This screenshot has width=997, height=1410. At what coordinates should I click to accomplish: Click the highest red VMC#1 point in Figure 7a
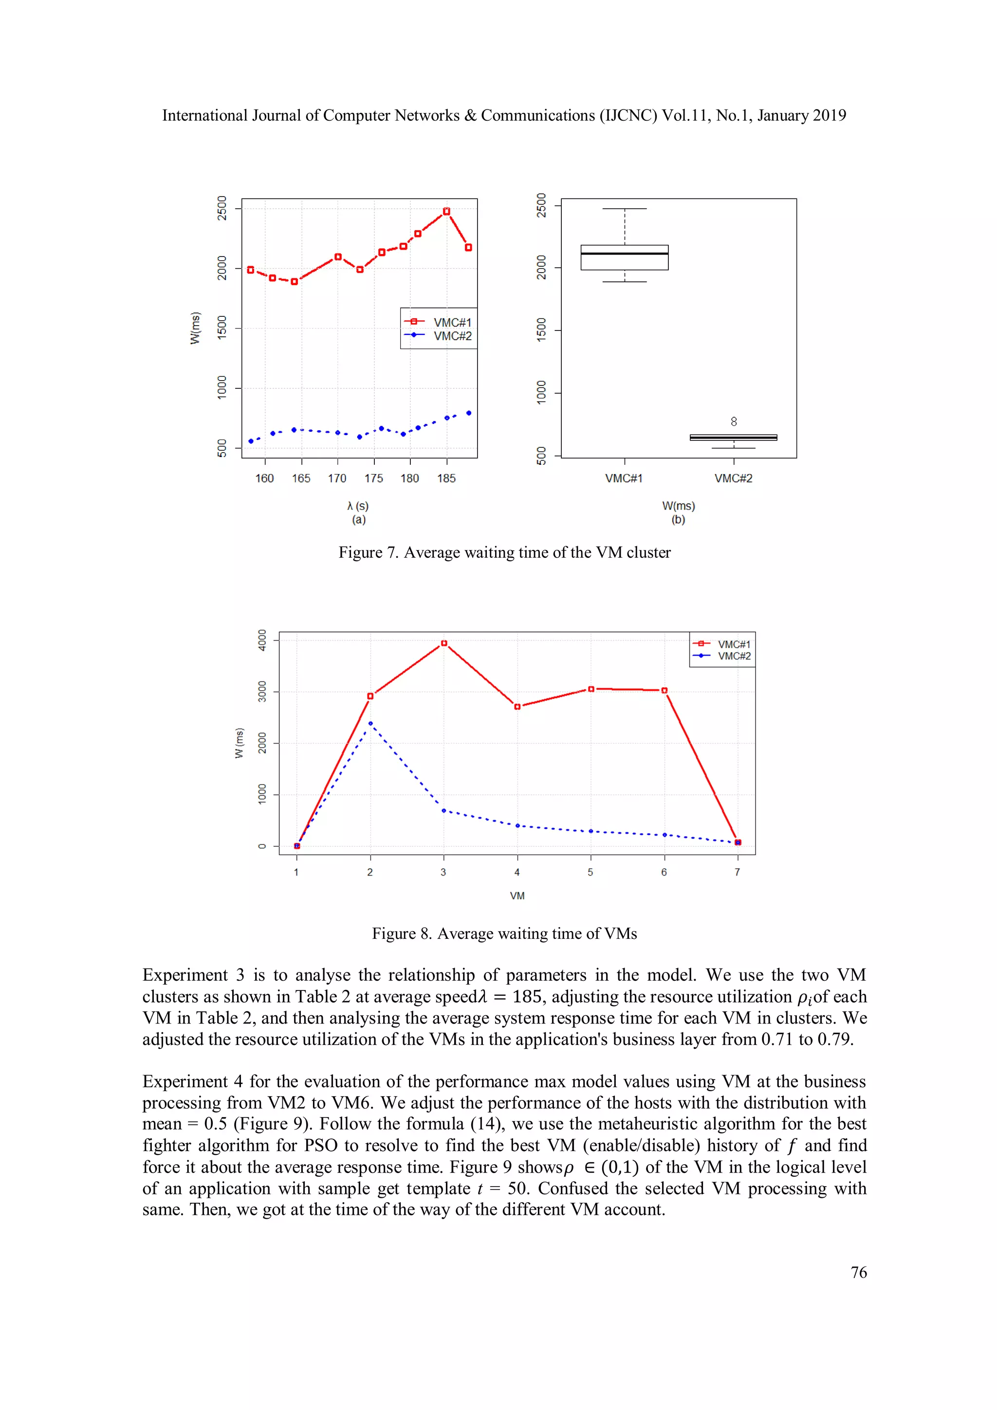pos(446,211)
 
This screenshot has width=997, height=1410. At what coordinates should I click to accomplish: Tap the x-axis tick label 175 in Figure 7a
pos(373,478)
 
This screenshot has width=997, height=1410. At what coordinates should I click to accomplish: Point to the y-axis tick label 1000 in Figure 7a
pos(222,387)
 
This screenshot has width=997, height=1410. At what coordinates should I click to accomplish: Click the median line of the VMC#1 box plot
pos(624,253)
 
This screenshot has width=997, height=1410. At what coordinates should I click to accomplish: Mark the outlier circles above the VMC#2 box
pos(734,421)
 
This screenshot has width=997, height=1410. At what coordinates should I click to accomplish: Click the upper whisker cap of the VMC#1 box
pos(624,209)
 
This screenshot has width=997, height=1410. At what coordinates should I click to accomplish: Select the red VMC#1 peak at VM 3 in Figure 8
pos(444,643)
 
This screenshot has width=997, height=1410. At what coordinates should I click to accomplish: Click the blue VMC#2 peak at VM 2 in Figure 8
pos(370,723)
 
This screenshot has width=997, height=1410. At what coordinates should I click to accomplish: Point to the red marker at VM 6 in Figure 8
pos(664,690)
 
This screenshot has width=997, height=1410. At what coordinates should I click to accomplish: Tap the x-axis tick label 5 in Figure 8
pos(591,872)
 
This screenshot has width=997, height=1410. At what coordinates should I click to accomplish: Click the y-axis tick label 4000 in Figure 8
pos(262,640)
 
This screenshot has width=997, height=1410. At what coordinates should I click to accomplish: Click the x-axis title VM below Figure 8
pos(517,896)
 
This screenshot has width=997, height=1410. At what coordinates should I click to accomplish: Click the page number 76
pos(858,1272)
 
